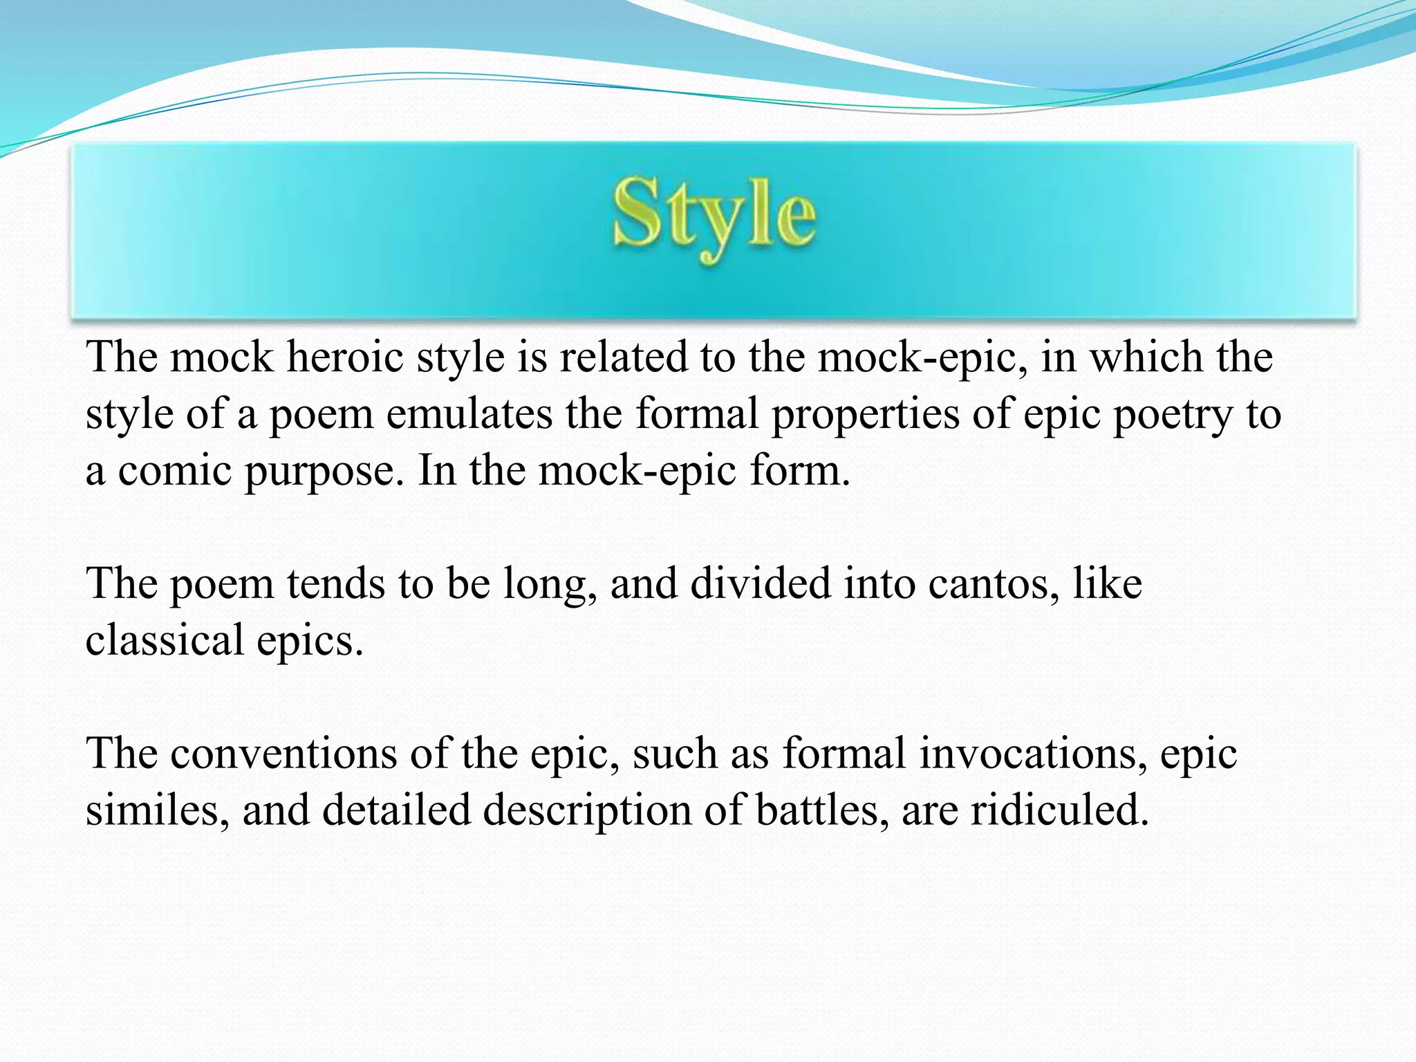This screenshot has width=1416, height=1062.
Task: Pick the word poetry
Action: click(x=1173, y=416)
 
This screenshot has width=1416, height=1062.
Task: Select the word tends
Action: click(x=335, y=584)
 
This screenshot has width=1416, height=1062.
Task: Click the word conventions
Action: click(x=283, y=753)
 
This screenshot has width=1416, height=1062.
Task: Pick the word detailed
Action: click(x=397, y=810)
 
